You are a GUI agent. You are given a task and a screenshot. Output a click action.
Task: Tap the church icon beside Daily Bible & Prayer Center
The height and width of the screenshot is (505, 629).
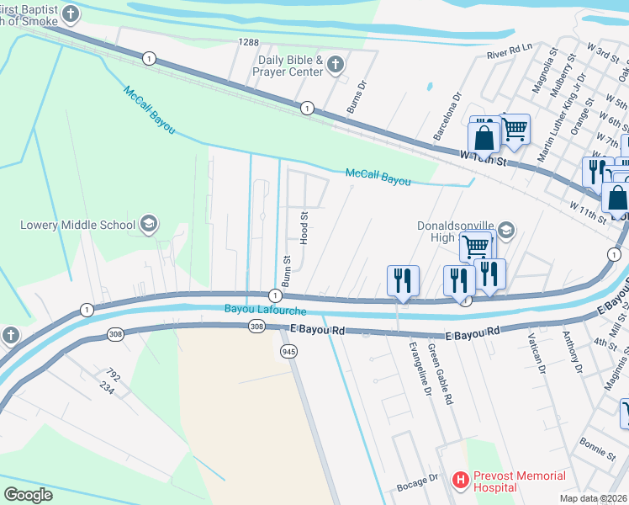click(335, 65)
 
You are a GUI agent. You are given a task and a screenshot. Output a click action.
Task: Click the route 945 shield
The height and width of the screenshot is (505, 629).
click(288, 350)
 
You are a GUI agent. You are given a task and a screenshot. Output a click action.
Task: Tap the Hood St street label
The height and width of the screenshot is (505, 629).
click(305, 224)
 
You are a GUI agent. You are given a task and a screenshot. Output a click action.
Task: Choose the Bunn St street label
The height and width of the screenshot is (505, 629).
click(286, 271)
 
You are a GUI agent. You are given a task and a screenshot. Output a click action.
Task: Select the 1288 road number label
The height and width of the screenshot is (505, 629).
click(248, 41)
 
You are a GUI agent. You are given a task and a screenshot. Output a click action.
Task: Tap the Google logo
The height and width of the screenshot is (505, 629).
click(28, 494)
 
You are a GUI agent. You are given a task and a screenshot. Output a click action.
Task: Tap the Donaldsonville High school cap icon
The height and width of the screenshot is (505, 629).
click(506, 230)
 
